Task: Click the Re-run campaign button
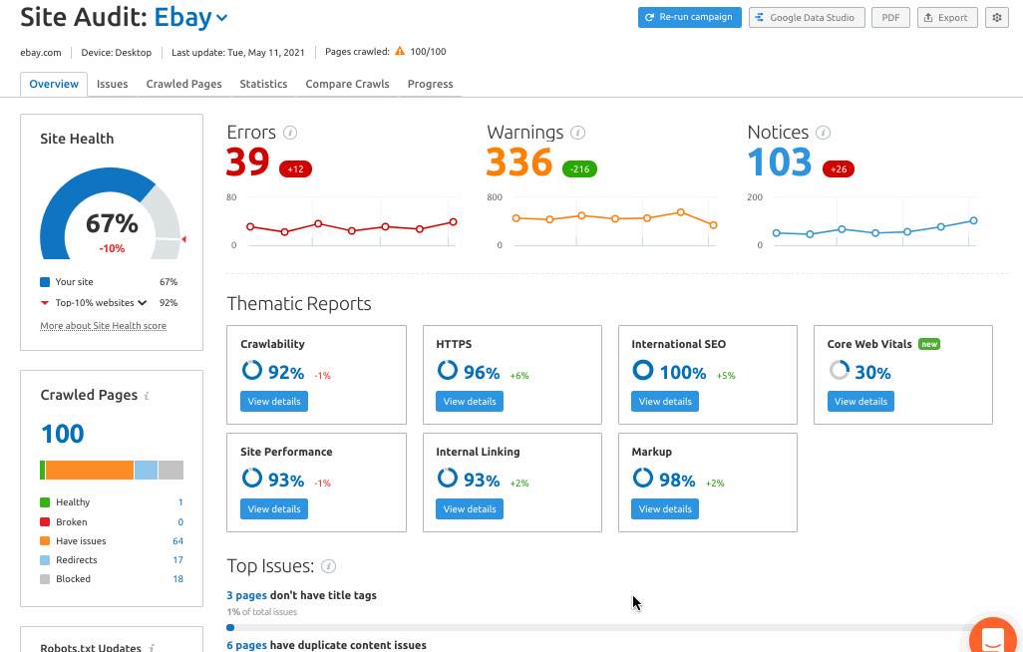pyautogui.click(x=690, y=17)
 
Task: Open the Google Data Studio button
pyautogui.click(x=806, y=17)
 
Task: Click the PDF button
pyautogui.click(x=890, y=17)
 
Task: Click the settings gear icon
pyautogui.click(x=996, y=17)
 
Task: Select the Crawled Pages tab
pyautogui.click(x=183, y=84)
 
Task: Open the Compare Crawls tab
pyautogui.click(x=347, y=84)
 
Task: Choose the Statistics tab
pyautogui.click(x=263, y=84)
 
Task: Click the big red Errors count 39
pyautogui.click(x=248, y=162)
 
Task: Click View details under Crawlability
pyautogui.click(x=274, y=401)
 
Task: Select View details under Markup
pyautogui.click(x=665, y=508)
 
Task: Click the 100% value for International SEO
pyautogui.click(x=683, y=373)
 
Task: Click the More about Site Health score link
pyautogui.click(x=103, y=326)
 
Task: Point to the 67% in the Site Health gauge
pyautogui.click(x=112, y=223)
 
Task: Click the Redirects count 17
pyautogui.click(x=177, y=560)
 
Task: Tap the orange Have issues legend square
pyautogui.click(x=45, y=541)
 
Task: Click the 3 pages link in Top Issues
pyautogui.click(x=246, y=595)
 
